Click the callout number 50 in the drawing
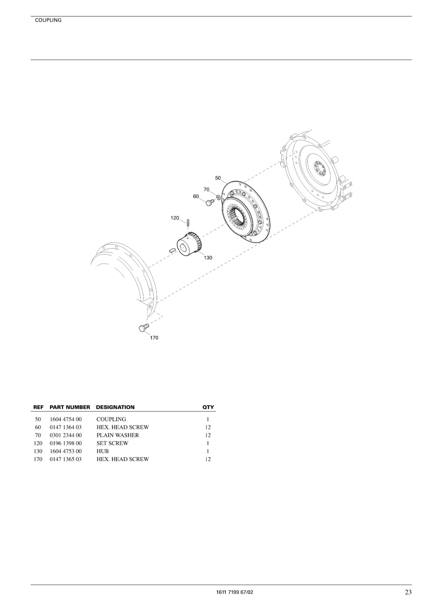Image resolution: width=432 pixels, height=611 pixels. [x=218, y=178]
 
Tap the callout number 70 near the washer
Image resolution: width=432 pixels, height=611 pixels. [x=206, y=189]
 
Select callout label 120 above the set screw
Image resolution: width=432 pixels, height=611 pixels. [x=175, y=218]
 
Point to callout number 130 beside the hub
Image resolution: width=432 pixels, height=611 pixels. [x=208, y=258]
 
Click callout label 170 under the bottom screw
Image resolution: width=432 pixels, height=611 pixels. [x=154, y=338]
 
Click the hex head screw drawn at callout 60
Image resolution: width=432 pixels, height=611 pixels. [x=210, y=202]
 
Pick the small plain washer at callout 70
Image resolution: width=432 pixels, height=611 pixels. [x=218, y=197]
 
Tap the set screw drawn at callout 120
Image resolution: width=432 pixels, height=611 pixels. [x=188, y=223]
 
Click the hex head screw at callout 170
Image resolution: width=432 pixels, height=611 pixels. [x=144, y=327]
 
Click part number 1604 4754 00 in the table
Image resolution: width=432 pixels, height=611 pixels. [x=65, y=419]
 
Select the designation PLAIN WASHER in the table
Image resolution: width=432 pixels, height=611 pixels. [x=118, y=435]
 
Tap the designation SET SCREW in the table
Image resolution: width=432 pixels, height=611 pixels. [x=112, y=443]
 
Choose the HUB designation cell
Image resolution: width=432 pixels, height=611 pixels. [x=103, y=451]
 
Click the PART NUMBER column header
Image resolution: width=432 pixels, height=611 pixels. [x=70, y=407]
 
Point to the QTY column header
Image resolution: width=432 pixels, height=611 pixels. [x=208, y=407]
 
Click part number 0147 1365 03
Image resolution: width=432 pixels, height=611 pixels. [x=65, y=459]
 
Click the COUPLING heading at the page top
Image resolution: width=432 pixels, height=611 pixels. [x=48, y=20]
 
